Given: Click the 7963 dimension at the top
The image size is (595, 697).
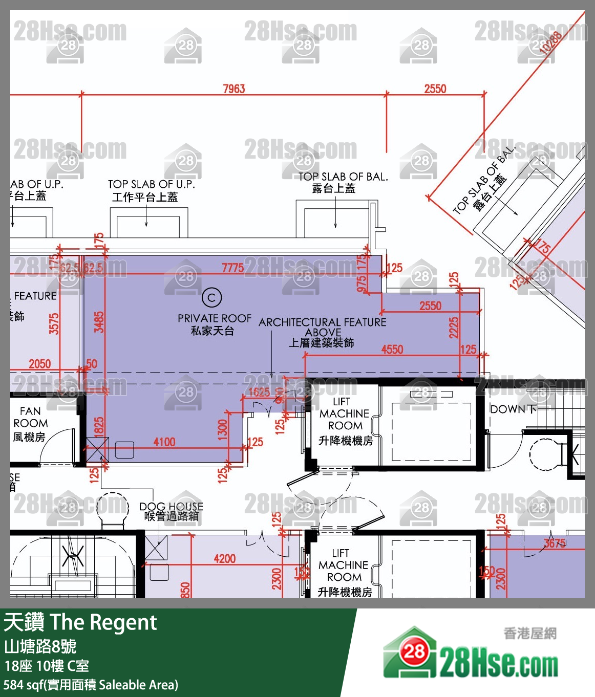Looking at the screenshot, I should (234, 89).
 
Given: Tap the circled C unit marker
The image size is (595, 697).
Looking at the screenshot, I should (211, 297).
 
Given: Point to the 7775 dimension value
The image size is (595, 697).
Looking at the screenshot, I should (233, 268).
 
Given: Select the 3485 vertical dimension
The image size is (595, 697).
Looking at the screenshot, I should (99, 322).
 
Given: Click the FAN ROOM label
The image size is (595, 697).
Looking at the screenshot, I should (30, 417).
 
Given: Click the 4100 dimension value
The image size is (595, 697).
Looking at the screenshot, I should (164, 442).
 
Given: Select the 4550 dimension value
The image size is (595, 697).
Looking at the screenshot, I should (392, 350).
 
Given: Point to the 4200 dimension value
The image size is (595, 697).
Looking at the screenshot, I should (225, 558).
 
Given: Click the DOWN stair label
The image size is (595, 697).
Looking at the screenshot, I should (513, 409).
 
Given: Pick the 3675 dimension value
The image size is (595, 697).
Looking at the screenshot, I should (555, 543).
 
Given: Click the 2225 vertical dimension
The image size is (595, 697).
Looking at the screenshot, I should (454, 328).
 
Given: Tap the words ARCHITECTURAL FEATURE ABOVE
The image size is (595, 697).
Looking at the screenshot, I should (323, 327).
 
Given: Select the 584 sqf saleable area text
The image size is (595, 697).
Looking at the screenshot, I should (91, 685).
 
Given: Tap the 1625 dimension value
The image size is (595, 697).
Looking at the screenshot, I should (259, 392).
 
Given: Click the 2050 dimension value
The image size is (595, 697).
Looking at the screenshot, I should (40, 364).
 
